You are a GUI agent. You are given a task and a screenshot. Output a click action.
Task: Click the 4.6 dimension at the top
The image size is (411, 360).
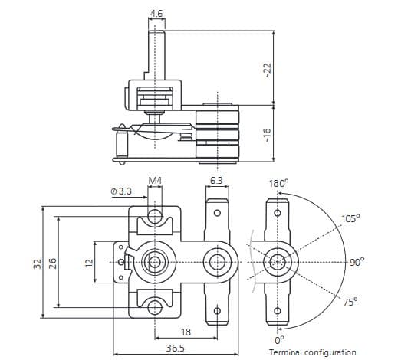coord(156,14)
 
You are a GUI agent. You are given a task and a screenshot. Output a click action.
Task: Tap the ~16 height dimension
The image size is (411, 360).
coord(267,135)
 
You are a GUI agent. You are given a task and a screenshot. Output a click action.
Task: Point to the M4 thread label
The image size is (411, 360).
coord(155,181)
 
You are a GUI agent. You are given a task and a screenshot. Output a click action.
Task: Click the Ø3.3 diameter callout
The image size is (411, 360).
coord(121,189)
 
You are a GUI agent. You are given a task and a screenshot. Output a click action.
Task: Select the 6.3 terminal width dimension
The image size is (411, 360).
coord(216,181)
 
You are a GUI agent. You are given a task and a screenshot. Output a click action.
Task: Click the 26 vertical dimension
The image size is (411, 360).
coord(52,263)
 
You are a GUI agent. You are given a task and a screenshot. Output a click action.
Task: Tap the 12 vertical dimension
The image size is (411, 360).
coord(88,263)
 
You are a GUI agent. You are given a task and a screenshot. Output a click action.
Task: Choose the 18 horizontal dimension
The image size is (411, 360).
coord(186,332)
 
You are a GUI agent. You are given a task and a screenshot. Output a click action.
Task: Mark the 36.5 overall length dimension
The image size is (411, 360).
coord(176,348)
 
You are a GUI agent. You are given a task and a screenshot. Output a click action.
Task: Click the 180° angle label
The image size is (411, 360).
coord(278,184)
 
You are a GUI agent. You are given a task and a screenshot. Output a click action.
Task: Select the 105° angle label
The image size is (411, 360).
coord(350,218)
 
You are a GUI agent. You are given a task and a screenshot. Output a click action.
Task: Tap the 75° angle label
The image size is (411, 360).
coord(350,303)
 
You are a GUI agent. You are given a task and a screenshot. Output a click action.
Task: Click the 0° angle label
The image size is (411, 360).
coord(280,339)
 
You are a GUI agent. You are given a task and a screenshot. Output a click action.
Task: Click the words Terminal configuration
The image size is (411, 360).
coord(312,352)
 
